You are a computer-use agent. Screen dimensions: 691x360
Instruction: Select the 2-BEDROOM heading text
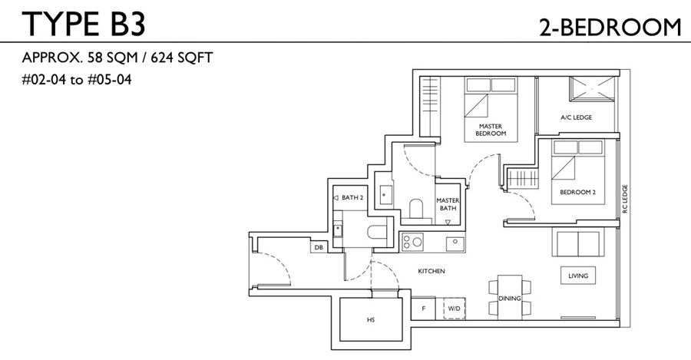click(610, 28)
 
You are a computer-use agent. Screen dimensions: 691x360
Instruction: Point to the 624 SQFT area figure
click(181, 58)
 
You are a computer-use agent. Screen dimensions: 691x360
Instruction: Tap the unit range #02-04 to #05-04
click(77, 80)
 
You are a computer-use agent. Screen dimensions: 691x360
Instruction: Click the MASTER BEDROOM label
click(491, 130)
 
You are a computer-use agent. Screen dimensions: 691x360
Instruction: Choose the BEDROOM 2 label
click(577, 192)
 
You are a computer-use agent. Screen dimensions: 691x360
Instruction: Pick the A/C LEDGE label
click(576, 117)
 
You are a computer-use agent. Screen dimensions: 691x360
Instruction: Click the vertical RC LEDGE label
click(624, 199)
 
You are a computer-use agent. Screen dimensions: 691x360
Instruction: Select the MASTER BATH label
click(448, 204)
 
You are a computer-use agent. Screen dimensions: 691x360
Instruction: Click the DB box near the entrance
click(319, 248)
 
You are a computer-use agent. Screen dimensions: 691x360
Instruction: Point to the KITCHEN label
click(431, 271)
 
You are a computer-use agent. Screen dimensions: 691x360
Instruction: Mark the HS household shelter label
click(371, 319)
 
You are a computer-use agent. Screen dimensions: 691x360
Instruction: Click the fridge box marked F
click(424, 309)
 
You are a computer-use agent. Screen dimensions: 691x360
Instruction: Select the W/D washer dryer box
click(454, 308)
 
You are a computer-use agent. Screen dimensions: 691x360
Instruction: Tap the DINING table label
click(510, 299)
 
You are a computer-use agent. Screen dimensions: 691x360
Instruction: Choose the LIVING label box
click(578, 276)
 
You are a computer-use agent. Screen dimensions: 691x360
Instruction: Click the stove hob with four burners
click(412, 242)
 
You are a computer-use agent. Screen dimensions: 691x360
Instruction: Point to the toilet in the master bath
click(415, 208)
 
